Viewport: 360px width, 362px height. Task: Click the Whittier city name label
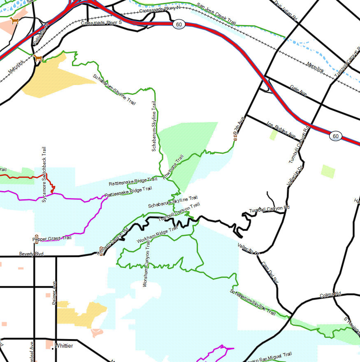click(x=64, y=346)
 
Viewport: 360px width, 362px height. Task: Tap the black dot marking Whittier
click(x=53, y=348)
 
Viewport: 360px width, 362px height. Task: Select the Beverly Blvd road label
click(x=31, y=254)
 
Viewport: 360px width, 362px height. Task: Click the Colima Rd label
click(x=330, y=295)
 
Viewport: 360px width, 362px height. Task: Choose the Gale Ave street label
click(x=298, y=91)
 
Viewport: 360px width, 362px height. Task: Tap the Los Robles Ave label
click(x=281, y=129)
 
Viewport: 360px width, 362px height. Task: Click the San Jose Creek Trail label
click(x=216, y=14)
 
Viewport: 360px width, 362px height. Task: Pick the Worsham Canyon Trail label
click(x=146, y=264)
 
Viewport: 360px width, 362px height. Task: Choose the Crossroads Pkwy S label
click(x=101, y=23)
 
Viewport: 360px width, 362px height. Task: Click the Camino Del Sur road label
click(x=270, y=272)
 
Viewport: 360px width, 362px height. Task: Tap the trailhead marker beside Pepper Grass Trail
click(x=36, y=237)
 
